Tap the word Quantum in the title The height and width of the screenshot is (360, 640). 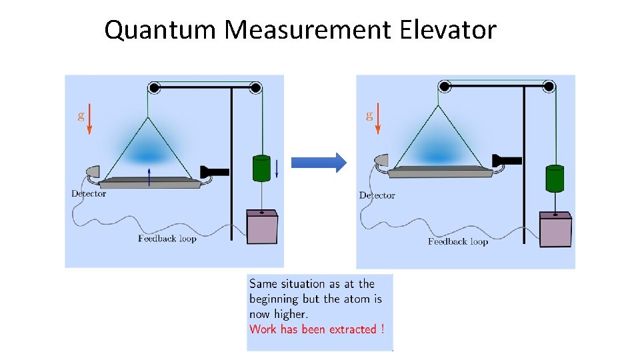(160, 30)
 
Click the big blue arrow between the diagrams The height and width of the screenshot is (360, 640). (319, 162)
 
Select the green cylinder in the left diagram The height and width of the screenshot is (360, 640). (261, 167)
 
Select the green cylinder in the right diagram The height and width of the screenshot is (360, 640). (555, 178)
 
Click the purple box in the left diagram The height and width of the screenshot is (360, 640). (261, 227)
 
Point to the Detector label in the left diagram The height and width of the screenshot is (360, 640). (89, 194)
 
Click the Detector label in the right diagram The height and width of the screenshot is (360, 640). (377, 195)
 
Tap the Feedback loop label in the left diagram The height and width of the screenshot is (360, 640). (167, 238)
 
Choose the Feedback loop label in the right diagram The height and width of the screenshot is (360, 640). (458, 241)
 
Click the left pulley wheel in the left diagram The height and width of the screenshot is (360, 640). (154, 87)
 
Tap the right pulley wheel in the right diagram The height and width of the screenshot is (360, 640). (549, 86)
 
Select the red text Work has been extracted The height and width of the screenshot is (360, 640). (317, 329)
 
